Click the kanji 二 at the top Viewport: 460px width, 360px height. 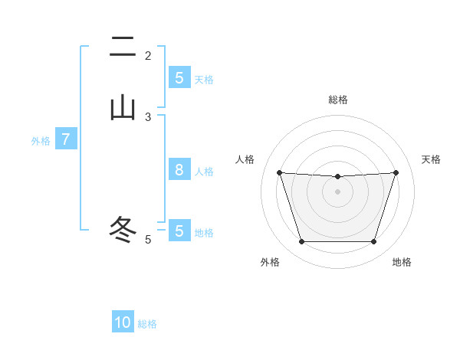[x=123, y=47]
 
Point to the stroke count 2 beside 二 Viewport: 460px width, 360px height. [x=148, y=56]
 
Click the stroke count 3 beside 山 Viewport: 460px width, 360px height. [x=148, y=117]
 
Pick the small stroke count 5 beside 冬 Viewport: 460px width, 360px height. [x=148, y=240]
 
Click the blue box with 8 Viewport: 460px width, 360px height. [x=179, y=170]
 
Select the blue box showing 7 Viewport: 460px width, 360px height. [x=66, y=139]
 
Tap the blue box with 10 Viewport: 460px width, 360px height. [x=123, y=322]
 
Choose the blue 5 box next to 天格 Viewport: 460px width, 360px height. [x=179, y=78]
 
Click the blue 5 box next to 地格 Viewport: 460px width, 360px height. [x=179, y=231]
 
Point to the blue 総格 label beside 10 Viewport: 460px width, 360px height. [x=147, y=324]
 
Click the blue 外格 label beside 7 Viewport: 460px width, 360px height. [x=41, y=141]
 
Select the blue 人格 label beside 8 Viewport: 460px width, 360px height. [x=204, y=172]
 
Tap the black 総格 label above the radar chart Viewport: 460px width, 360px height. [x=337, y=100]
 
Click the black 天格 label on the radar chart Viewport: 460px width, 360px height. [x=432, y=159]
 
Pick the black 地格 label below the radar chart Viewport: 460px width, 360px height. [x=402, y=262]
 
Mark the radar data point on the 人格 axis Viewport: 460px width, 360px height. [x=279, y=172]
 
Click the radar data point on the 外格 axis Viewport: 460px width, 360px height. [x=301, y=242]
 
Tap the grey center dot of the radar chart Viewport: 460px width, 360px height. [x=337, y=191]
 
